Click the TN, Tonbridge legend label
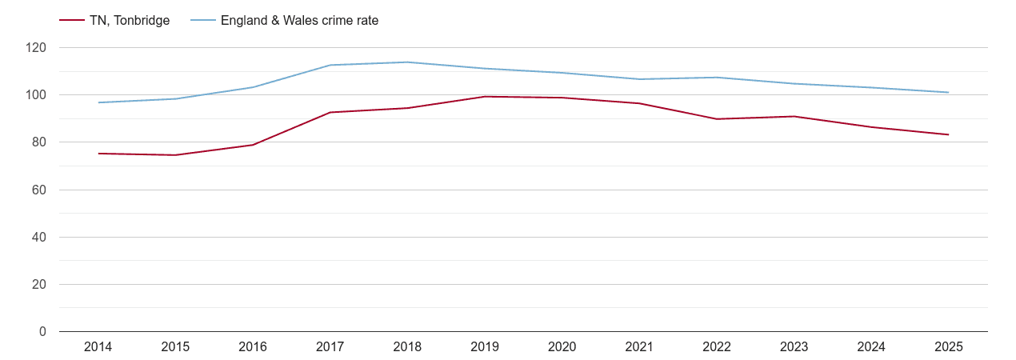129,21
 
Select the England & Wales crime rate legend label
299,21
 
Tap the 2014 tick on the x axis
98,346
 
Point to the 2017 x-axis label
330,346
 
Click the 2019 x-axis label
485,346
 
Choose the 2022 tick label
717,346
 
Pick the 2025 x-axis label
949,346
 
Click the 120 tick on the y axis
36,48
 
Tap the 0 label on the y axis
42,331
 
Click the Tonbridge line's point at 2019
485,97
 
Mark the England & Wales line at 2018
407,62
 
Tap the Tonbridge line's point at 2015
175,155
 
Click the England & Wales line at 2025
949,93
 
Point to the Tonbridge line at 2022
717,119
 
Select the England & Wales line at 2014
98,102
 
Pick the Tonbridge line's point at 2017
330,112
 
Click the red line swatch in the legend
72,21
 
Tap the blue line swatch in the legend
203,21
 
